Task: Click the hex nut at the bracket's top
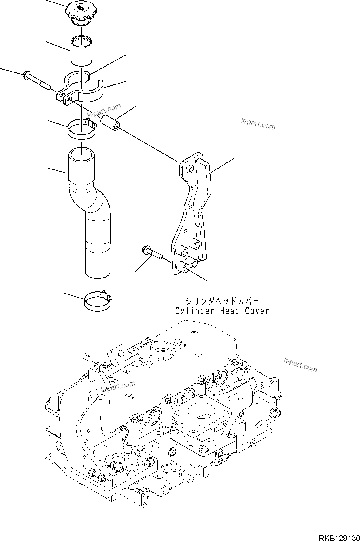(x=190, y=169)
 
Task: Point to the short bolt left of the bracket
(x=152, y=252)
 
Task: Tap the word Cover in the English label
(x=257, y=311)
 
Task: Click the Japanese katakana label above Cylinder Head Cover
(x=221, y=300)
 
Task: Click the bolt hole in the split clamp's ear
(x=70, y=99)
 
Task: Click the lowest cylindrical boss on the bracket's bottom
(x=184, y=268)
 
